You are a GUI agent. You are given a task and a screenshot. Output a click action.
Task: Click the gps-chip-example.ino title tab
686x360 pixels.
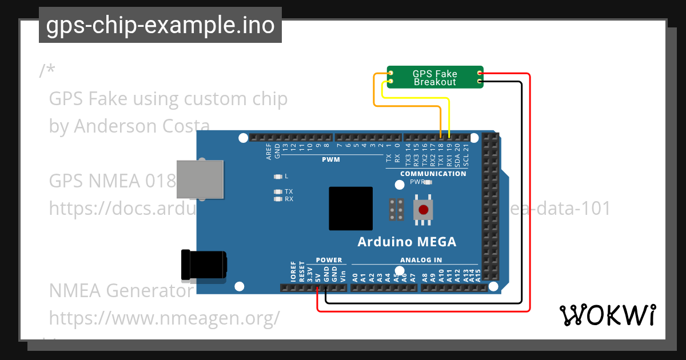(x=160, y=26)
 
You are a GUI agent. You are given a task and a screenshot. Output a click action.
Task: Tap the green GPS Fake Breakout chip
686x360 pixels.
(x=435, y=78)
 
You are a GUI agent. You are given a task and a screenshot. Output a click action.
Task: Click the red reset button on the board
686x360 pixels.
(x=423, y=210)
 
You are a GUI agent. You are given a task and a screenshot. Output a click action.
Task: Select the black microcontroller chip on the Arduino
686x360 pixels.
(x=350, y=209)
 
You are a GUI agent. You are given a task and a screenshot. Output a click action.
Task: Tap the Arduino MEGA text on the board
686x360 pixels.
(x=407, y=242)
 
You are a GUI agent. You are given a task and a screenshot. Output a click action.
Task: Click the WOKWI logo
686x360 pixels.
(x=607, y=315)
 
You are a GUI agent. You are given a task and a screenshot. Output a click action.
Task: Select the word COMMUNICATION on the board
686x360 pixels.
(x=433, y=174)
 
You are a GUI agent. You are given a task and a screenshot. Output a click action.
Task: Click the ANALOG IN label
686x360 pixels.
(x=421, y=260)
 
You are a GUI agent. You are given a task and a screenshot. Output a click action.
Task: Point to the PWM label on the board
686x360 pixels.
(x=330, y=159)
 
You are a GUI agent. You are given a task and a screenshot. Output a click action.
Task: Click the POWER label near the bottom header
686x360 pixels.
(x=329, y=260)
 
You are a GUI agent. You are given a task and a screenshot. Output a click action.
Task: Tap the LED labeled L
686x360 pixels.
(x=278, y=177)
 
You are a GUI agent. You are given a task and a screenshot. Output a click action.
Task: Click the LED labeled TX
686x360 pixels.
(x=278, y=191)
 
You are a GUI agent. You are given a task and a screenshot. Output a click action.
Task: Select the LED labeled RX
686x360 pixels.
(x=278, y=199)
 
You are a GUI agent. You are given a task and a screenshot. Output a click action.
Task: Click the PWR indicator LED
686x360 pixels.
(x=428, y=182)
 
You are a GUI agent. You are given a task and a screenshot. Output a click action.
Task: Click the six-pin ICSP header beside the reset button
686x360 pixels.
(x=397, y=210)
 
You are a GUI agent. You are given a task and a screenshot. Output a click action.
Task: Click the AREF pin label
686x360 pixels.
(x=269, y=151)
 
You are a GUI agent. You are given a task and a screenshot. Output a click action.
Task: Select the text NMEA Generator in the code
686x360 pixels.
(x=121, y=291)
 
